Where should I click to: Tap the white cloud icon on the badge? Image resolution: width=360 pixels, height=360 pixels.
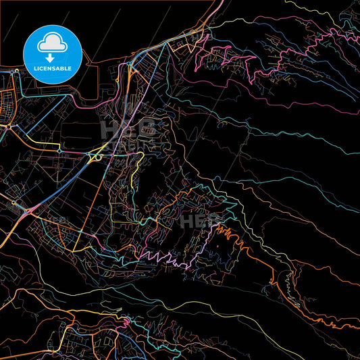click(x=52, y=42)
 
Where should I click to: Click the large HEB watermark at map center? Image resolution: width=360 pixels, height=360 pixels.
click(x=128, y=128)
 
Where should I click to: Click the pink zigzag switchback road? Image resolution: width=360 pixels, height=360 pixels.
click(x=162, y=257)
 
